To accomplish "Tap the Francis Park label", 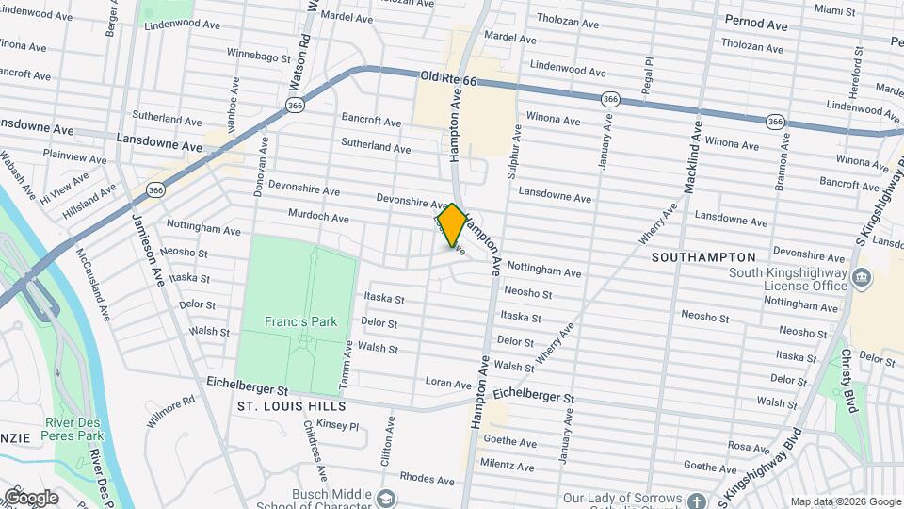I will point(300,321).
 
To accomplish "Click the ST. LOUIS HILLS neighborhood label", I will point(291,406).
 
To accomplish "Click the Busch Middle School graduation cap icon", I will point(384,498).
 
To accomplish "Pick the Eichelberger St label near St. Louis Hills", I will point(248,388).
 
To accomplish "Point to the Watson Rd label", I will point(305,47).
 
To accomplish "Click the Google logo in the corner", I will point(30,498).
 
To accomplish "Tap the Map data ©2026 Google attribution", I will point(845,501).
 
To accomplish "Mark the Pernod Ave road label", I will point(756,24).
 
